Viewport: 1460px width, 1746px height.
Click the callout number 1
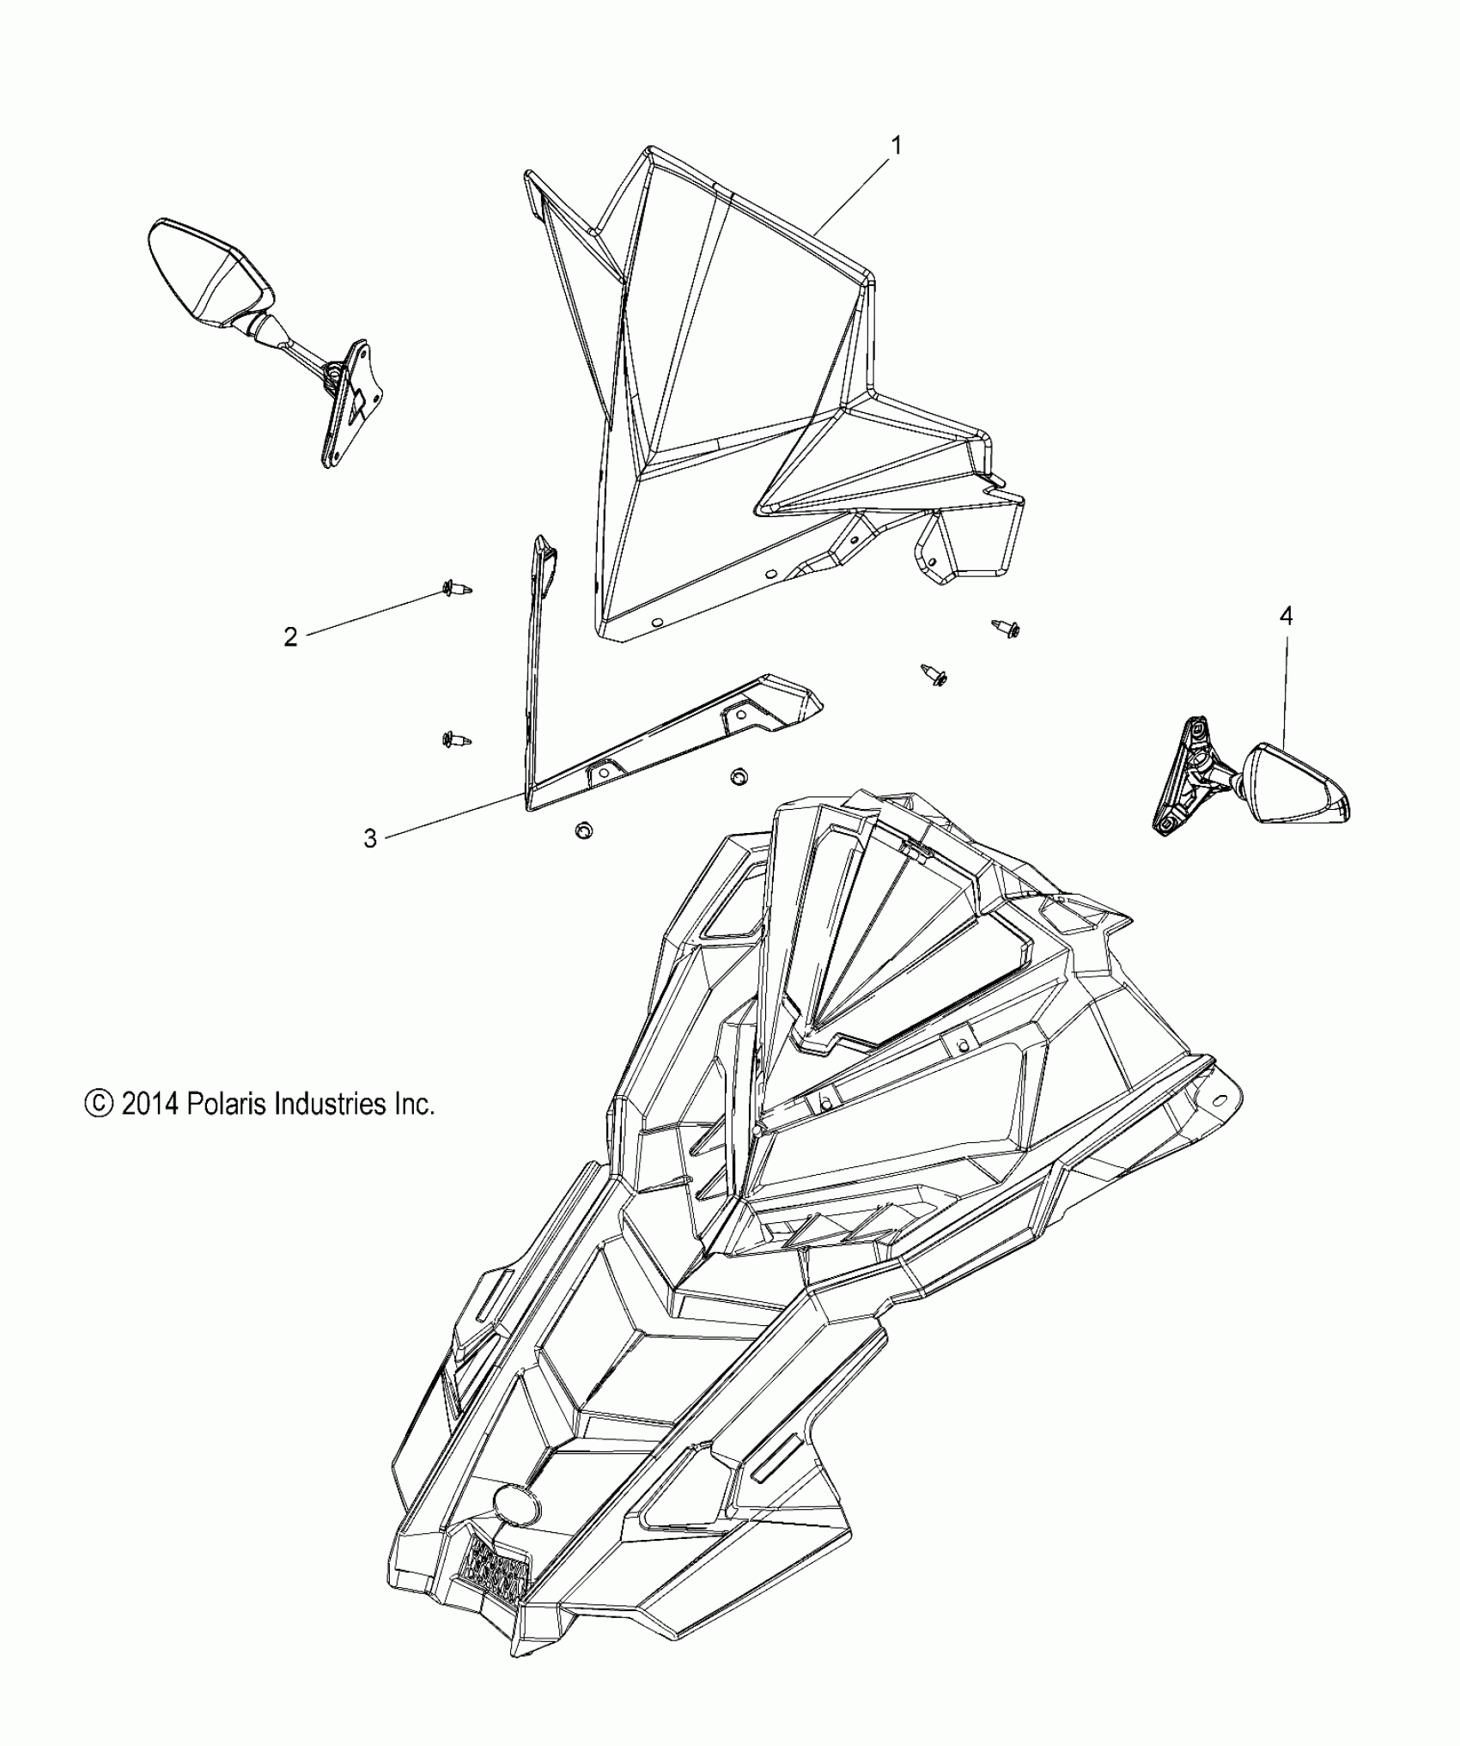click(896, 146)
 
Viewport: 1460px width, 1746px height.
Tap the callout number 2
click(290, 637)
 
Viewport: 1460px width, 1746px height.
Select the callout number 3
click(370, 838)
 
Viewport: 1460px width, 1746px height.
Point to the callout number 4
click(1286, 616)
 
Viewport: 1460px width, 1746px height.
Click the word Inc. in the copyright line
click(414, 1104)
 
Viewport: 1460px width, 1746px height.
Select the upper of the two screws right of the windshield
click(1006, 628)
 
